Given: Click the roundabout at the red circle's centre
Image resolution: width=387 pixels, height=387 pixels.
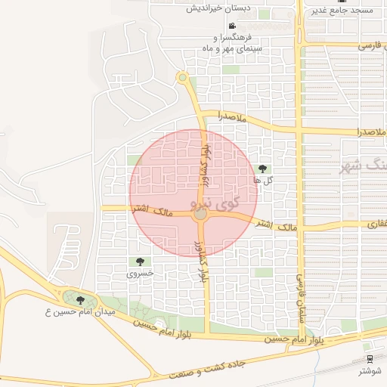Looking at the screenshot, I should coord(200,215).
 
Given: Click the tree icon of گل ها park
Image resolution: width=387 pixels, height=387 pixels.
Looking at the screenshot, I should coord(262,168).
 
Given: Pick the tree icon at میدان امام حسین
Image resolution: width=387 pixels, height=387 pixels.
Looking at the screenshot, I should coord(80,299).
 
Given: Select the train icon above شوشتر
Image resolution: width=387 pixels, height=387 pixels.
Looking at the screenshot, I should coord(370,358).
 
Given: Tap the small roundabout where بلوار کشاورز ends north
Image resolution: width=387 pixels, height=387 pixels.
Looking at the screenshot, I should coord(181,76).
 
